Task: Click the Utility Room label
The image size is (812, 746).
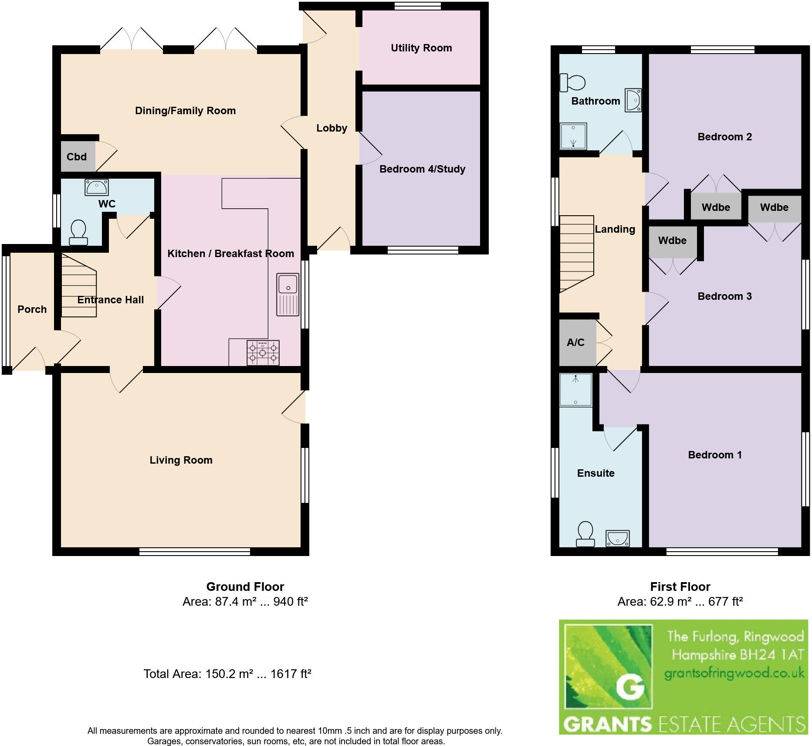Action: tap(421, 48)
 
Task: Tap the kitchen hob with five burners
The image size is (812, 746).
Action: tap(263, 352)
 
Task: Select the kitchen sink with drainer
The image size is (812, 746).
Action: tap(288, 294)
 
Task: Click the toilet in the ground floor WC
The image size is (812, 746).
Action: tap(78, 233)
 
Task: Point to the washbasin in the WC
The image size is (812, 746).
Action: tap(97, 187)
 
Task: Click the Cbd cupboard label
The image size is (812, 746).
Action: tap(77, 157)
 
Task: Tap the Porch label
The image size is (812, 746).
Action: tap(32, 309)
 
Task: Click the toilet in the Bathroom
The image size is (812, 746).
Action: tap(572, 82)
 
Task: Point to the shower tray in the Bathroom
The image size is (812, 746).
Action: tap(573, 136)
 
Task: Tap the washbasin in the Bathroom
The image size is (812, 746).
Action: tap(633, 100)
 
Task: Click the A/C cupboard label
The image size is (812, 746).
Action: tap(575, 342)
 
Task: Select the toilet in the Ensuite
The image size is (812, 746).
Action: tap(585, 534)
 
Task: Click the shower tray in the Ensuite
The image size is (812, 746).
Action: tap(575, 390)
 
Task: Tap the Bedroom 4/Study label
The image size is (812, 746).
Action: tap(422, 169)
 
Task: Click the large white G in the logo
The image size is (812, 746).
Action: tap(630, 687)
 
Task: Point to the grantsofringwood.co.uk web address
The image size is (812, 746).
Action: tap(734, 674)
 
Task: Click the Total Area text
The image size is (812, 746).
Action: tap(227, 674)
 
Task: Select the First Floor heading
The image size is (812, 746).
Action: tap(680, 587)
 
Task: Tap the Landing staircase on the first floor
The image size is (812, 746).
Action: tap(576, 253)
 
